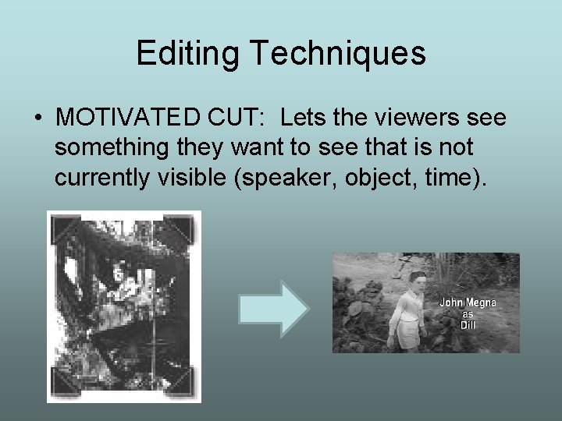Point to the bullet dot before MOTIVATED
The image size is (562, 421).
[x=37, y=119]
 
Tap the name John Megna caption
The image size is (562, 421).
[x=468, y=302]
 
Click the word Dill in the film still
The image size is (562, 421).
[x=468, y=325]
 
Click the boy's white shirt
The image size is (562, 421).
[x=406, y=316]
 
